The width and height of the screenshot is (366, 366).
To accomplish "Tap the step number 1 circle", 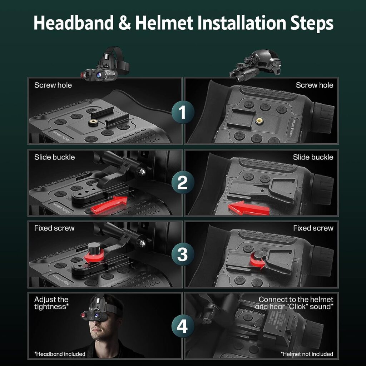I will (x=182, y=113).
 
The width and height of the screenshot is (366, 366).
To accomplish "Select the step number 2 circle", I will (x=182, y=183).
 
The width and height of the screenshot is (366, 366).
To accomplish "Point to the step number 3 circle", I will (x=182, y=254).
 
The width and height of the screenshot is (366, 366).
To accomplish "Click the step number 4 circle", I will (x=182, y=326).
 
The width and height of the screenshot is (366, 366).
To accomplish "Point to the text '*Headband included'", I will (x=60, y=354).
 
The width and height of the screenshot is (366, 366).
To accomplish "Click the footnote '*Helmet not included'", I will (x=307, y=354).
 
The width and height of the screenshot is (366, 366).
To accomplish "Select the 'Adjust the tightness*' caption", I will (x=51, y=303).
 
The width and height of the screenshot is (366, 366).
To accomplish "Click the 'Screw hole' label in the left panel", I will (x=53, y=85).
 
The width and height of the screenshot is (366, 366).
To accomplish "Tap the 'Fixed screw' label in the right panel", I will (x=313, y=228).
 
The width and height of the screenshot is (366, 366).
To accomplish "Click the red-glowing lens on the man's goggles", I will (x=83, y=316).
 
